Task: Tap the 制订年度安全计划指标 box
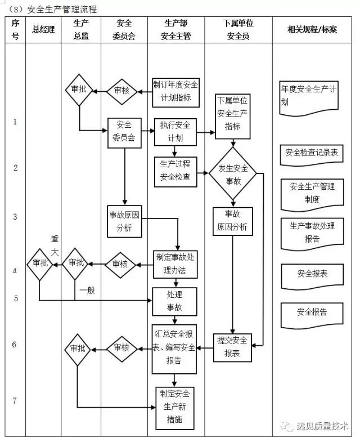[x=175, y=91]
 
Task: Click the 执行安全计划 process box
[x=175, y=131]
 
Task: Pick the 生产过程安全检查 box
[x=175, y=171]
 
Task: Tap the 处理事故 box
[x=175, y=301]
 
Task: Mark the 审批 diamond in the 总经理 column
[x=40, y=263]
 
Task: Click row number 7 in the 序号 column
[x=15, y=401]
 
